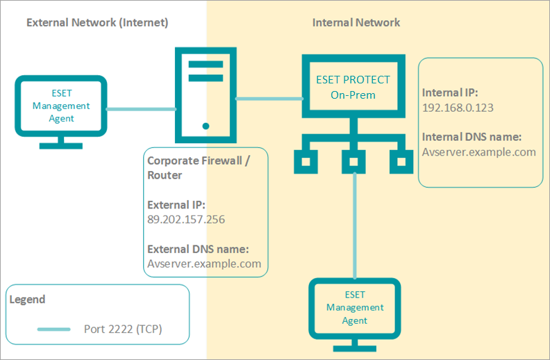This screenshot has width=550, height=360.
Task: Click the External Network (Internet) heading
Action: click(97, 22)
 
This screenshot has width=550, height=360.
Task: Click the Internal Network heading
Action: click(356, 22)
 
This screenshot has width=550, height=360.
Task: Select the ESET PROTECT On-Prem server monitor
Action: click(353, 88)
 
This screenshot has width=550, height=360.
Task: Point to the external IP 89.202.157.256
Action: click(186, 219)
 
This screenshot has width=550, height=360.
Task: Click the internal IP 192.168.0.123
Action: click(458, 108)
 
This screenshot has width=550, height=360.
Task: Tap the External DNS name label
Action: click(198, 249)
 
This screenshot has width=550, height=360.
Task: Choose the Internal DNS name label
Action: click(472, 137)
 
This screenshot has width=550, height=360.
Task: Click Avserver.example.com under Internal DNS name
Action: click(479, 152)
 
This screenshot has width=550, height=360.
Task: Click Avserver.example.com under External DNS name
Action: click(204, 263)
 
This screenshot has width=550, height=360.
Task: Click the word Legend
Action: click(28, 300)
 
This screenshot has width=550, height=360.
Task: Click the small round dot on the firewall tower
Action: click(206, 126)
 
